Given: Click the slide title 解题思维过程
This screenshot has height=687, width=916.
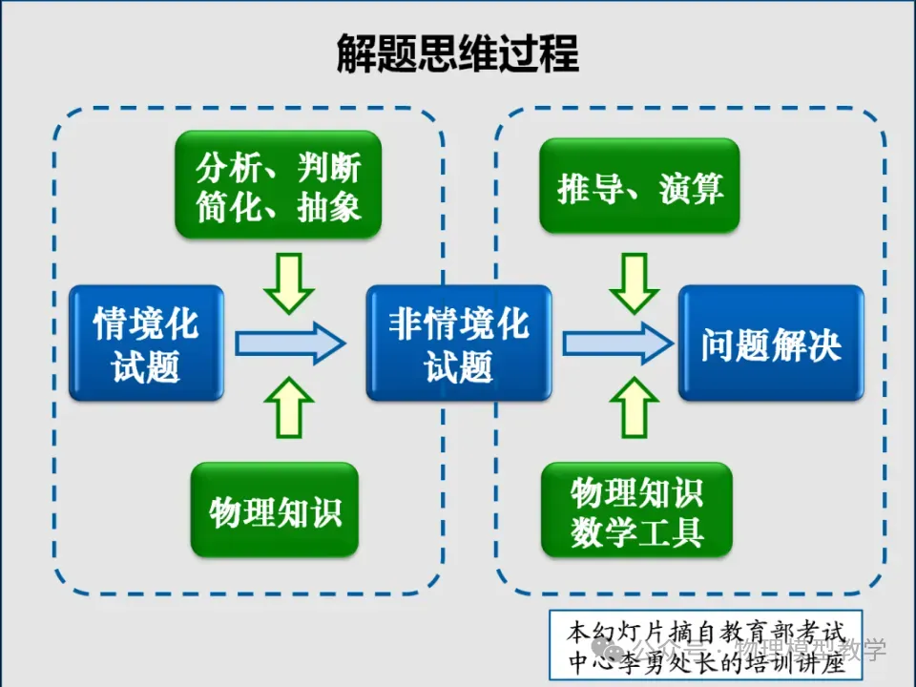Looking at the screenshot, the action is [x=457, y=53].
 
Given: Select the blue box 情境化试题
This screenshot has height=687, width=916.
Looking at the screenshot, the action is [x=146, y=343].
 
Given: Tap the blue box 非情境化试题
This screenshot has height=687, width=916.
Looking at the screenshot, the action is [x=459, y=343].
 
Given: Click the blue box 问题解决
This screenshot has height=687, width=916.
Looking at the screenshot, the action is [x=771, y=343].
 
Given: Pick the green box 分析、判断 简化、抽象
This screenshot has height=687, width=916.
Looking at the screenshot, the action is [x=278, y=184].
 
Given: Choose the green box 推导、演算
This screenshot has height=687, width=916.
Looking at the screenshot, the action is [x=639, y=186].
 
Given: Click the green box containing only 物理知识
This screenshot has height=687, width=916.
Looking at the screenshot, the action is [x=275, y=510].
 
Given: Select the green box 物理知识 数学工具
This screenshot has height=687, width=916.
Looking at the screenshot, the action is [x=636, y=510].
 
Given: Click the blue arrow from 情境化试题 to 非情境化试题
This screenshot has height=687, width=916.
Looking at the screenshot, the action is [x=290, y=343].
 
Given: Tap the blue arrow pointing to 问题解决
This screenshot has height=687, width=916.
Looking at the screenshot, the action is [x=618, y=343].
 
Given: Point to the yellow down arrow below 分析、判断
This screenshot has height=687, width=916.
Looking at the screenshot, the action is [x=289, y=283].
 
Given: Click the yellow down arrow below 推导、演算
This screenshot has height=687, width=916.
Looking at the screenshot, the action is [x=635, y=283].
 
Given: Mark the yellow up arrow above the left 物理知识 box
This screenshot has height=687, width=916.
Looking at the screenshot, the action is [x=289, y=406].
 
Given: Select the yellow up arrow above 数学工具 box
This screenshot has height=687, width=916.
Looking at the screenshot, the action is [x=635, y=406].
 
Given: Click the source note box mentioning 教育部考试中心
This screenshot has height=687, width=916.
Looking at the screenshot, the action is [x=706, y=646].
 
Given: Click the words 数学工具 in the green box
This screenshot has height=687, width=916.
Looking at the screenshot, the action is [x=636, y=532].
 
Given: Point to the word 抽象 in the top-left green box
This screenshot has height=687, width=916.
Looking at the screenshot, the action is [x=329, y=207].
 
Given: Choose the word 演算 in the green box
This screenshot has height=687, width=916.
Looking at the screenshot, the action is [x=691, y=188].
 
